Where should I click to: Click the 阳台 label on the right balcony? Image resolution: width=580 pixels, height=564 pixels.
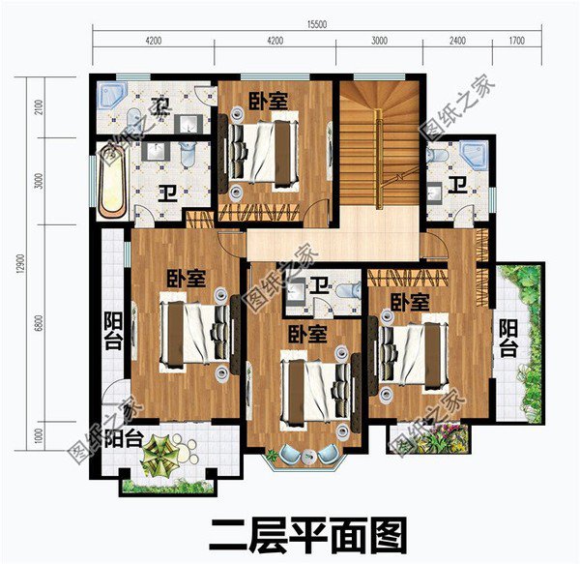pos(508,340)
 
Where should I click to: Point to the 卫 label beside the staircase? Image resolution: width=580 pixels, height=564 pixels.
pos(455,185)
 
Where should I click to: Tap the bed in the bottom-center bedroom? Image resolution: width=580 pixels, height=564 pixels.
pos(312,386)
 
